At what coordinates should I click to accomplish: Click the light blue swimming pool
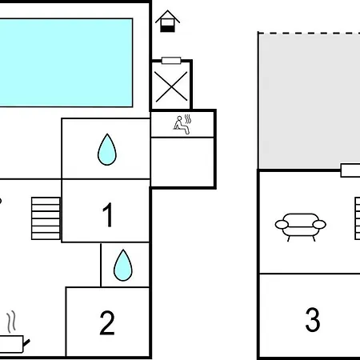tap(66, 62)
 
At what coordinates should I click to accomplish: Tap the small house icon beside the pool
tap(167, 22)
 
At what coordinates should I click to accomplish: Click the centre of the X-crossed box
tap(171, 87)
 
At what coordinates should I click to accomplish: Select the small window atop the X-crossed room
tap(171, 61)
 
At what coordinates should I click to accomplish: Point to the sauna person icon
tap(182, 125)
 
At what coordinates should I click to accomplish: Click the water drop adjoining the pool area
tap(107, 150)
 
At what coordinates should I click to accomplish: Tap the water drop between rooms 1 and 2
tap(123, 265)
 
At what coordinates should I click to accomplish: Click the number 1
tap(108, 214)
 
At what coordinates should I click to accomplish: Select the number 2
tap(107, 322)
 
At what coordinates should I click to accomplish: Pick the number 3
tap(313, 319)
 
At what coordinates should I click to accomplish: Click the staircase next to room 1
tap(46, 218)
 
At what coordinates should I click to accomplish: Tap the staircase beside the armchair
tap(358, 218)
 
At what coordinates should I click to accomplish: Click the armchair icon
tap(300, 226)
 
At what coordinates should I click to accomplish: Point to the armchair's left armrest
tap(282, 225)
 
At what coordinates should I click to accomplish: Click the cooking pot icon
tap(12, 344)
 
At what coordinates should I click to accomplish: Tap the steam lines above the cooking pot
tap(11, 322)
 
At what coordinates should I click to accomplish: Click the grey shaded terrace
tap(310, 102)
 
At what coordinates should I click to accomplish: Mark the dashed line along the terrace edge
tap(310, 34)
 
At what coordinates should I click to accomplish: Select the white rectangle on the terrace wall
tap(350, 170)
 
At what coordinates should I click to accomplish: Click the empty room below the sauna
tap(182, 162)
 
